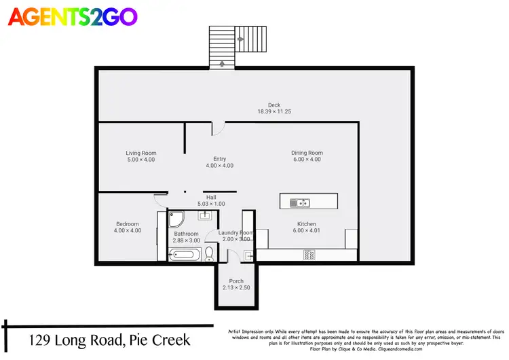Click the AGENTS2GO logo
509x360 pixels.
pyautogui.click(x=72, y=16)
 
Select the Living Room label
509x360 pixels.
pyautogui.click(x=141, y=153)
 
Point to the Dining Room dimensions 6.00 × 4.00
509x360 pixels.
pyautogui.click(x=307, y=160)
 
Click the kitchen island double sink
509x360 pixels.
pyautogui.click(x=299, y=202)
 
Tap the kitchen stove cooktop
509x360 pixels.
pyautogui.click(x=308, y=255)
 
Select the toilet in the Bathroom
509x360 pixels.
pyautogui.click(x=209, y=254)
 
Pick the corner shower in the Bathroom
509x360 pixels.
pyautogui.click(x=176, y=219)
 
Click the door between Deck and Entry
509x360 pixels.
pyautogui.click(x=217, y=128)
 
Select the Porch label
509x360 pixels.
pyautogui.click(x=236, y=281)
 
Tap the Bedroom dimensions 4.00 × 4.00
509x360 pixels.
pyautogui.click(x=127, y=231)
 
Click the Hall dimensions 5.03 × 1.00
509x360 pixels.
pyautogui.click(x=211, y=204)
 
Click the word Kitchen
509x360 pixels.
pyautogui.click(x=307, y=224)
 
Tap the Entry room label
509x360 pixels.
pyautogui.click(x=219, y=159)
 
